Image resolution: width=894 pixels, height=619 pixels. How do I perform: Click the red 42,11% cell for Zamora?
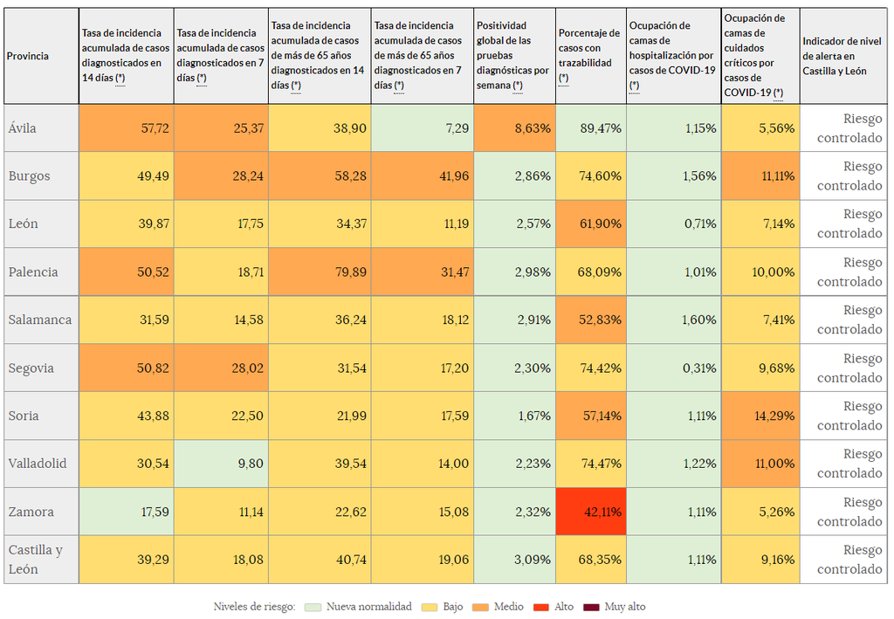click(591, 512)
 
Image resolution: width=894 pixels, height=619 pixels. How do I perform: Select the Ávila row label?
click(41, 128)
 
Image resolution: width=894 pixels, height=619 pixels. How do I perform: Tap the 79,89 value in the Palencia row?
click(320, 272)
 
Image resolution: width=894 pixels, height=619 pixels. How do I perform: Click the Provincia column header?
click(41, 56)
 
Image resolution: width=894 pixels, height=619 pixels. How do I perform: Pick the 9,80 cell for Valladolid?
click(222, 464)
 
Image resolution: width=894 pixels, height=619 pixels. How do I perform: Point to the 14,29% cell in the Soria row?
click(760, 416)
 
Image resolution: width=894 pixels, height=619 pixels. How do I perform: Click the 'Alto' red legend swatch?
click(541, 607)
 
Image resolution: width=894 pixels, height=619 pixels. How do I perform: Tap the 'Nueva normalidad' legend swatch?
click(313, 607)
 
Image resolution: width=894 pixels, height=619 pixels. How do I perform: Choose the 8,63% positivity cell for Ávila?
click(514, 128)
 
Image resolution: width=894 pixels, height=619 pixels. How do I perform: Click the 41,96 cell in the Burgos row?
click(423, 175)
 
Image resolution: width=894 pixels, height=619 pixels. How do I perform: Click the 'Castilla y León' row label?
click(41, 560)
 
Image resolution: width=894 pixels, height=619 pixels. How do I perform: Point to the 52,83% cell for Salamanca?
click(591, 320)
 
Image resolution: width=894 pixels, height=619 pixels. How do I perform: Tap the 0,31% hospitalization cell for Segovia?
click(674, 368)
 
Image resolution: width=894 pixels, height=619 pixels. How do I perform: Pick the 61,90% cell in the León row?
click(591, 224)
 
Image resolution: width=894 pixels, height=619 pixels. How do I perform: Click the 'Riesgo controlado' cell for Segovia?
click(844, 368)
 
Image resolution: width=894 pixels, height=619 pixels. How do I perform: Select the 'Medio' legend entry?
click(499, 607)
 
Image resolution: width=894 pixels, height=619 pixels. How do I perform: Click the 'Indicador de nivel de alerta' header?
click(843, 56)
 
